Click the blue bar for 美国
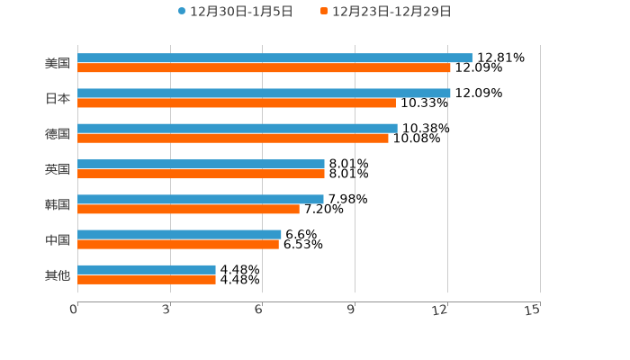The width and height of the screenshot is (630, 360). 274,58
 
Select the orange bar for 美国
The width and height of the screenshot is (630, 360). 264,67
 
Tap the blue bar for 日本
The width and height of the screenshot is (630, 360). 264,93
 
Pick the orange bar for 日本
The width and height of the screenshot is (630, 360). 237,103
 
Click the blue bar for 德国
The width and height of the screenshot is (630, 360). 238,128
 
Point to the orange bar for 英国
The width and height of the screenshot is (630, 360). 201,174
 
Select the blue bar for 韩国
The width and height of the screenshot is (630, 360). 201,199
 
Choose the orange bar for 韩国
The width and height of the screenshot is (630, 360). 188,209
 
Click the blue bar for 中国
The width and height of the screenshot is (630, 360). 179,234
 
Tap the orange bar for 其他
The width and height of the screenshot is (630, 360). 147,279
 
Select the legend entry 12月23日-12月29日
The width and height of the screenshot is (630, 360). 386,12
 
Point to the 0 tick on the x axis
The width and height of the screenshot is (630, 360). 74,310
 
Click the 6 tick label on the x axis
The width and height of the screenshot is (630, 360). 258,310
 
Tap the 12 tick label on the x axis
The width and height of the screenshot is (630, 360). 440,310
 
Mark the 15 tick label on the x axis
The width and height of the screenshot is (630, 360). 533,310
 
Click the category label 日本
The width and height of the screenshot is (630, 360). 58,98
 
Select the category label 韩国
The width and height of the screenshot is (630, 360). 58,204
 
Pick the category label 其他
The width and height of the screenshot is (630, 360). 58,274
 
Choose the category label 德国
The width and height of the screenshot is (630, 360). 58,133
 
